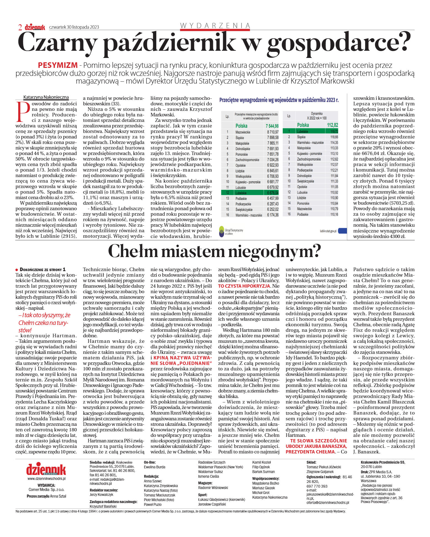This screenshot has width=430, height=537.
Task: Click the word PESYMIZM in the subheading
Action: pos(58,65)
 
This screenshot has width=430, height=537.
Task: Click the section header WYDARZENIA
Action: pos(215,26)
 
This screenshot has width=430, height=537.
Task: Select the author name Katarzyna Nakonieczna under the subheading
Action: pos(46,97)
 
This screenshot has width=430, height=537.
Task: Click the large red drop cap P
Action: pos(23,111)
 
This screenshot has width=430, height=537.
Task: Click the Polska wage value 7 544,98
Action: pos(272,126)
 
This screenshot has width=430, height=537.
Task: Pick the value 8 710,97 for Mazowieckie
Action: pos(273,132)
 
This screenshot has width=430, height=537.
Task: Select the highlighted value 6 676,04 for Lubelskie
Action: pos(273,193)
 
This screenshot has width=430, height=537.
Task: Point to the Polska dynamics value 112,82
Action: pos(333,125)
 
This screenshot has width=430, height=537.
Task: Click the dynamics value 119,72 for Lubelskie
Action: pos(334,132)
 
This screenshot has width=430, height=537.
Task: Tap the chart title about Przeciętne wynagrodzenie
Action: pos(279,100)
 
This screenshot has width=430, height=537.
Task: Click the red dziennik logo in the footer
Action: pos(46,469)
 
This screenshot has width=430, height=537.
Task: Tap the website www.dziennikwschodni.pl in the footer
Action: pos(46,479)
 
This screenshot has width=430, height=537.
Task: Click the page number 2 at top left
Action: pos(20,27)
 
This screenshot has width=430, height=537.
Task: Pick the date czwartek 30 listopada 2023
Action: pos(74,27)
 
